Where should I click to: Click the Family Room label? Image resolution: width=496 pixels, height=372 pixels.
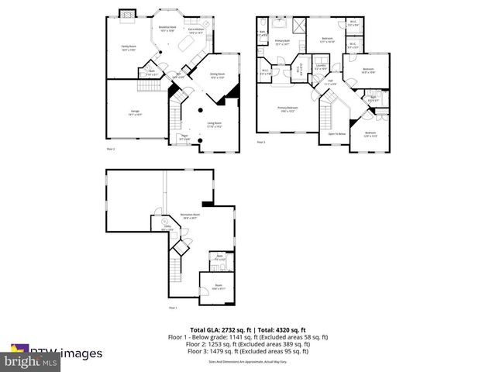coord(127,48)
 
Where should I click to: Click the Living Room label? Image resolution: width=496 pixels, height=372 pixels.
coord(214,124)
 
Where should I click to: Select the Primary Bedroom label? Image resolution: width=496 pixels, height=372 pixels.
coord(288,109)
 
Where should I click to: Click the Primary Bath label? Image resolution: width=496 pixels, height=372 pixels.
coord(281,43)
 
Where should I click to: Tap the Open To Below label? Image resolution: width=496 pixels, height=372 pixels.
coord(337,134)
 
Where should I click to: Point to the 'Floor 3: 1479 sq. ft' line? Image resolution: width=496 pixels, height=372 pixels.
coord(249,351)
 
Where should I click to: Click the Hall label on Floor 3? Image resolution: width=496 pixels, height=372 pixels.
coord(329,81)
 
